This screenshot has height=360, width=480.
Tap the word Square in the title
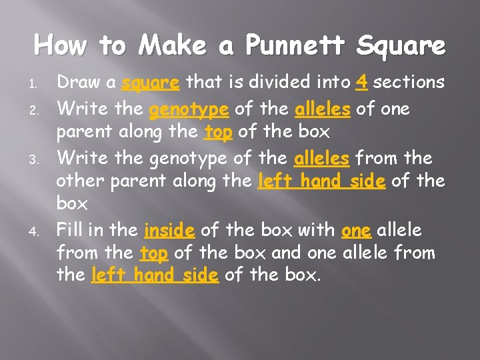point(401,46)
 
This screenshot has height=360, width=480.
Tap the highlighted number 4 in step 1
point(363,82)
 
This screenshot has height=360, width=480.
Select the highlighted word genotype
point(189,109)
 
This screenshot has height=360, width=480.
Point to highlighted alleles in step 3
point(322,158)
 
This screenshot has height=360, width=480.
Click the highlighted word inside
point(169,231)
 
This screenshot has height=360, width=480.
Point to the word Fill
point(71,231)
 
